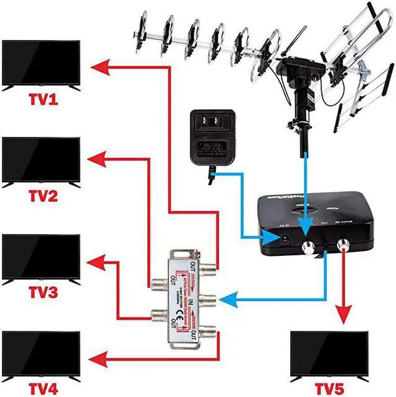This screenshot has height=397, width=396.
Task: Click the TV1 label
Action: (41, 99)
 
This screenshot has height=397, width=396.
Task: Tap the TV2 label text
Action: (41, 196)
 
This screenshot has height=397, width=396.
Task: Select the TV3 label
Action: (41, 292)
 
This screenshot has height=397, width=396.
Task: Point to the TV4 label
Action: (41, 389)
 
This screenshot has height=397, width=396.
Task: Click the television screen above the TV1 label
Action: (41, 63)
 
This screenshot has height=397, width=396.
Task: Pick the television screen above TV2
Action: (41, 160)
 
